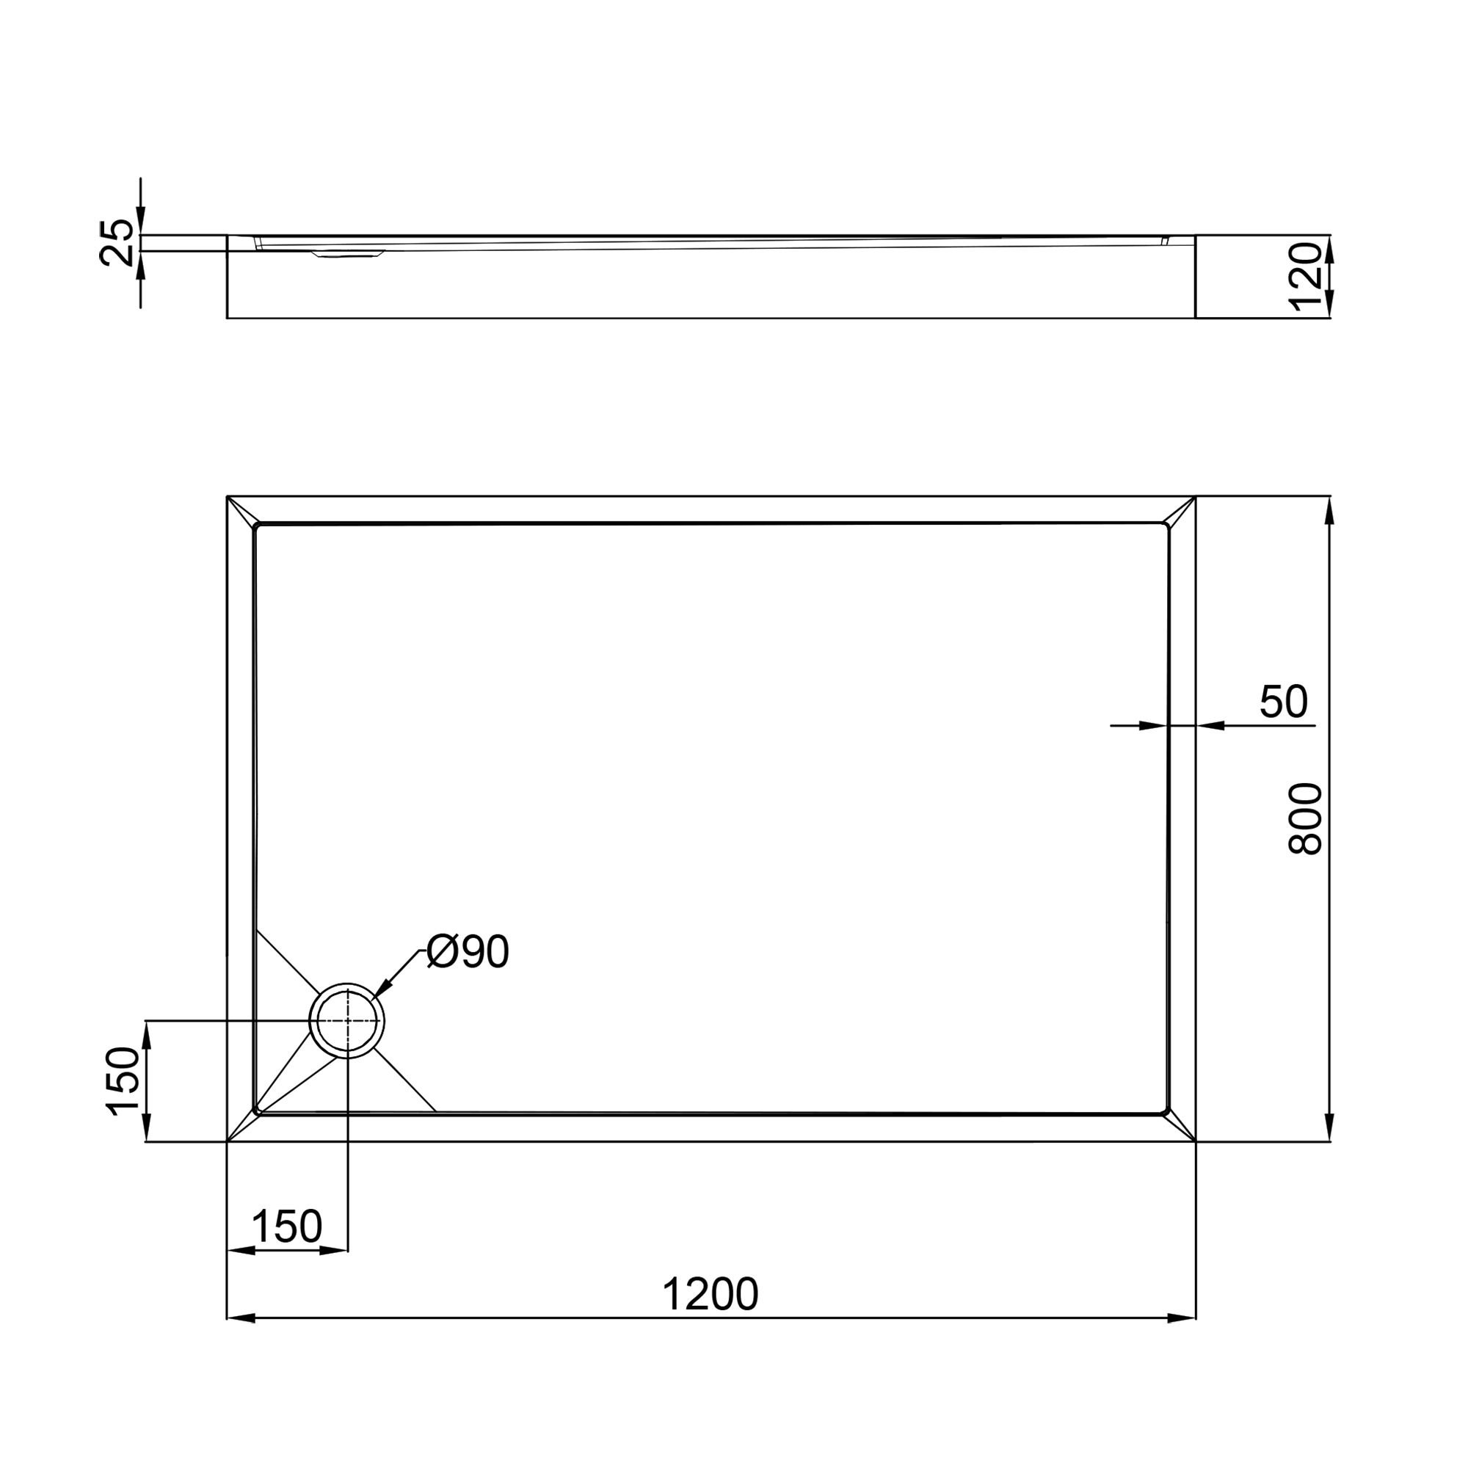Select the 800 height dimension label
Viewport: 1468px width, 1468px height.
tap(1307, 820)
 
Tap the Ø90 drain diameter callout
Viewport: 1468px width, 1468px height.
tap(467, 951)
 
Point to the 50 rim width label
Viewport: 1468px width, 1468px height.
tap(1283, 701)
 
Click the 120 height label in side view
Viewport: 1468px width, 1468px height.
tap(1307, 277)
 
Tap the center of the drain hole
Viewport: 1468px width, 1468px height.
tap(347, 1020)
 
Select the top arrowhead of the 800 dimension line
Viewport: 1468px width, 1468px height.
tap(1329, 511)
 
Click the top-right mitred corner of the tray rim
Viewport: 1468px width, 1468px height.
tap(1182, 511)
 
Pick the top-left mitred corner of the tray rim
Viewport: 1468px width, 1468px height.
tap(241, 511)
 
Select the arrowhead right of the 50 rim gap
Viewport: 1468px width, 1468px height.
tap(1210, 727)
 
